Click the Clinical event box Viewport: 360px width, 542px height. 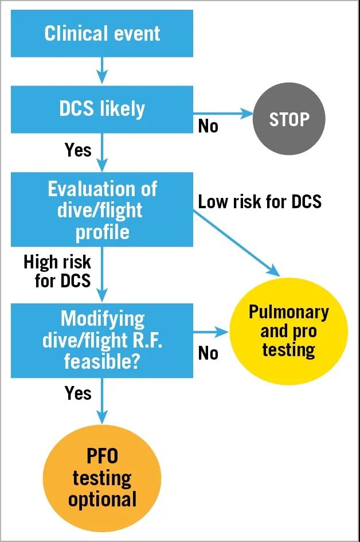point(102,33)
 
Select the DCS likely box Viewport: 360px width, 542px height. point(102,109)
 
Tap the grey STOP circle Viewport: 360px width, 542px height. point(289,119)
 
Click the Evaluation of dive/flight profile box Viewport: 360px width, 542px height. point(102,209)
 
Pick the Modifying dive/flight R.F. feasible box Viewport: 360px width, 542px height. point(102,341)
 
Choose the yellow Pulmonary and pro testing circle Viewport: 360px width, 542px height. point(289,331)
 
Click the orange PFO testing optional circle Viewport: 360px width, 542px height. point(102,478)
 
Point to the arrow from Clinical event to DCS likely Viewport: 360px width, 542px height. point(102,71)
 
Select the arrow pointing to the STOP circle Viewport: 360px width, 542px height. point(223,113)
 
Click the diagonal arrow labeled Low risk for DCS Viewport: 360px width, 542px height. point(236,244)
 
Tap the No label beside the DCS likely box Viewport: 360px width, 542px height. point(208,126)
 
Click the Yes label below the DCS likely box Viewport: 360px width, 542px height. point(78,150)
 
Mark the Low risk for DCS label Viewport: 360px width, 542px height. point(260,201)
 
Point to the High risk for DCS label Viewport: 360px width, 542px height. point(57,271)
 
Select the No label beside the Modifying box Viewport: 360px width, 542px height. point(208,353)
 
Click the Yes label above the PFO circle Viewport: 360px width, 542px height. point(78,393)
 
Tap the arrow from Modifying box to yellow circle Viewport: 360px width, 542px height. point(211,332)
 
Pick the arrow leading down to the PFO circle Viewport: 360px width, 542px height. point(102,401)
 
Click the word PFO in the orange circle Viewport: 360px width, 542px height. point(102,456)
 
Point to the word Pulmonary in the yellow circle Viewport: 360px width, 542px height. point(289,312)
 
